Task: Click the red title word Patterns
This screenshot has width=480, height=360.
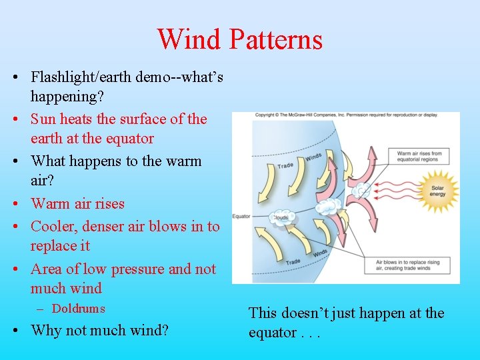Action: pos(275,39)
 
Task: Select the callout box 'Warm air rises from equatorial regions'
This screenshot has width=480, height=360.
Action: pos(422,157)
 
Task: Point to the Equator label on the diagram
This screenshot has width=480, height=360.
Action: pos(241,216)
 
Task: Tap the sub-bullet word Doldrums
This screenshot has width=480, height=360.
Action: pos(79,309)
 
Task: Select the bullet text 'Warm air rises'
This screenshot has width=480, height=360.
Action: pos(77,203)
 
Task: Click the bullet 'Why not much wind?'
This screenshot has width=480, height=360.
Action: pos(99,330)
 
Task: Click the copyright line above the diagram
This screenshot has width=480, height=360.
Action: pos(345,115)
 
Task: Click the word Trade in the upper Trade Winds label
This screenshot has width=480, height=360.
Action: pos(285,165)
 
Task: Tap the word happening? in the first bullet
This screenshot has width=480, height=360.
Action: pos(67,96)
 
